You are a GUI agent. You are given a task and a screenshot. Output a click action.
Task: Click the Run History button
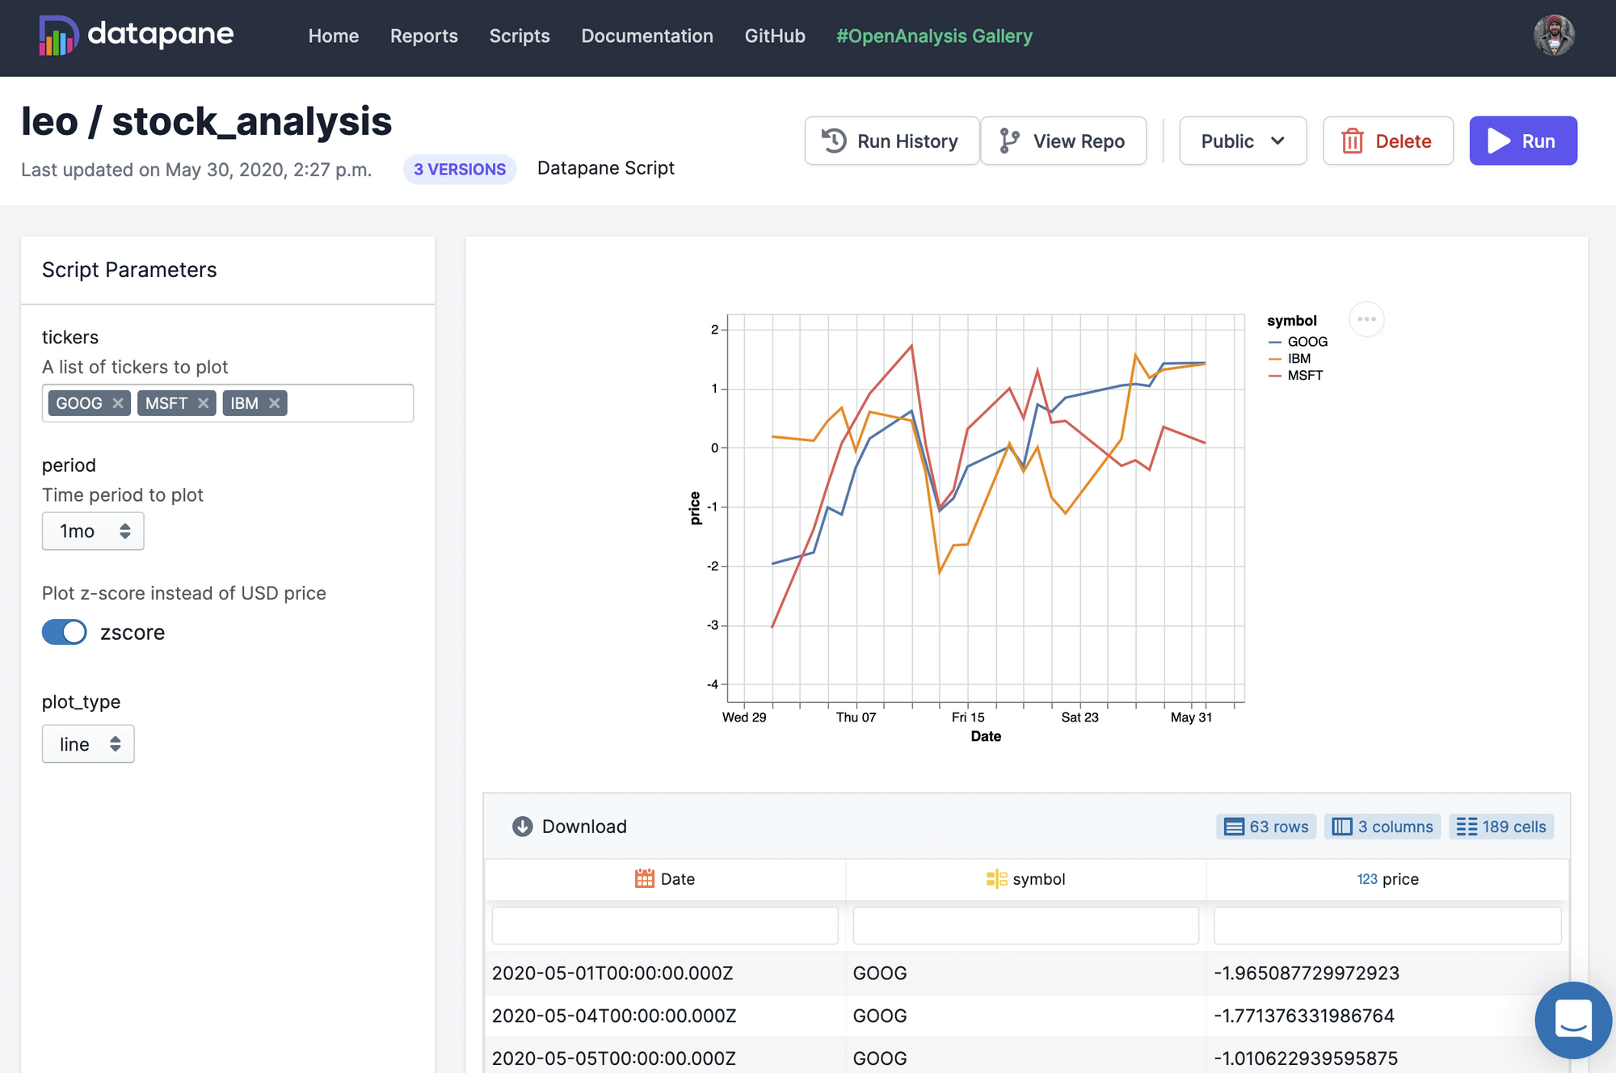point(891,141)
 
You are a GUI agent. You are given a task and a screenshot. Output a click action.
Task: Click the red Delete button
point(1387,141)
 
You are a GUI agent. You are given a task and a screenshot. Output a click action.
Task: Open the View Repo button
point(1063,141)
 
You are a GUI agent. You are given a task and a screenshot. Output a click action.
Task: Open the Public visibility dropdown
point(1242,141)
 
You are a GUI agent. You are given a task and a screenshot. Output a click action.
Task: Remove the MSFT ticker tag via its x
point(204,403)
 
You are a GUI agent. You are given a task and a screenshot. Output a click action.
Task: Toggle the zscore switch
point(65,632)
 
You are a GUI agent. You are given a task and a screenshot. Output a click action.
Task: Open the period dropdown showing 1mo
point(93,531)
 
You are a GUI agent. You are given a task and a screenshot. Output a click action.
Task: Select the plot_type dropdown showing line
point(88,744)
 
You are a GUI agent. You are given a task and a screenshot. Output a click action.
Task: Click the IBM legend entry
point(1298,359)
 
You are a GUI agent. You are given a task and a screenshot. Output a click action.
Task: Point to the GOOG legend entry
point(1307,342)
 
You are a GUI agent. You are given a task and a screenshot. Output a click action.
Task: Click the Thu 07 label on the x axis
point(856,717)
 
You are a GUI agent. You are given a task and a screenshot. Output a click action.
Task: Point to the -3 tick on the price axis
point(713,625)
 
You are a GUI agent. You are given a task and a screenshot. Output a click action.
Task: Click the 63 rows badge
point(1266,827)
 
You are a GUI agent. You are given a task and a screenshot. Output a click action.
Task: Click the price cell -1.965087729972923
point(1307,973)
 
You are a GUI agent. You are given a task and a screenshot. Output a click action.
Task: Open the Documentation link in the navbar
point(647,36)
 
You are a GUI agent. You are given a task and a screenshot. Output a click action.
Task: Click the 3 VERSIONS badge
point(460,170)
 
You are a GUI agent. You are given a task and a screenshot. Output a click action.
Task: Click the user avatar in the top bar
point(1554,36)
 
